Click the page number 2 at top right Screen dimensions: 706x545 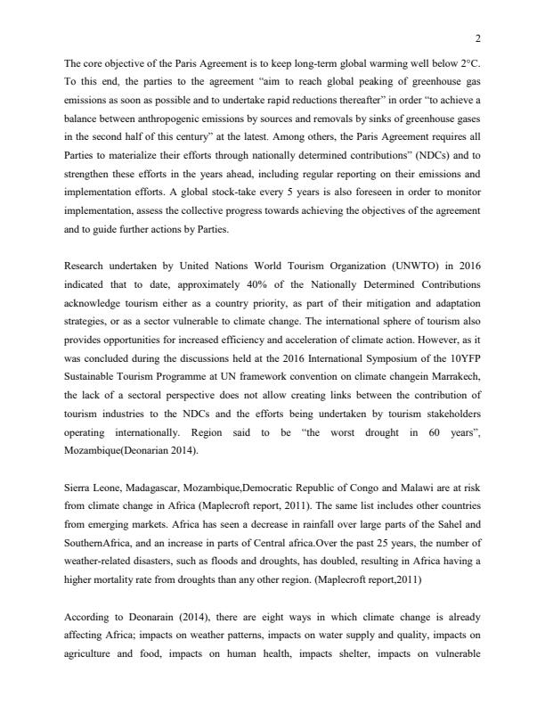coord(478,38)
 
